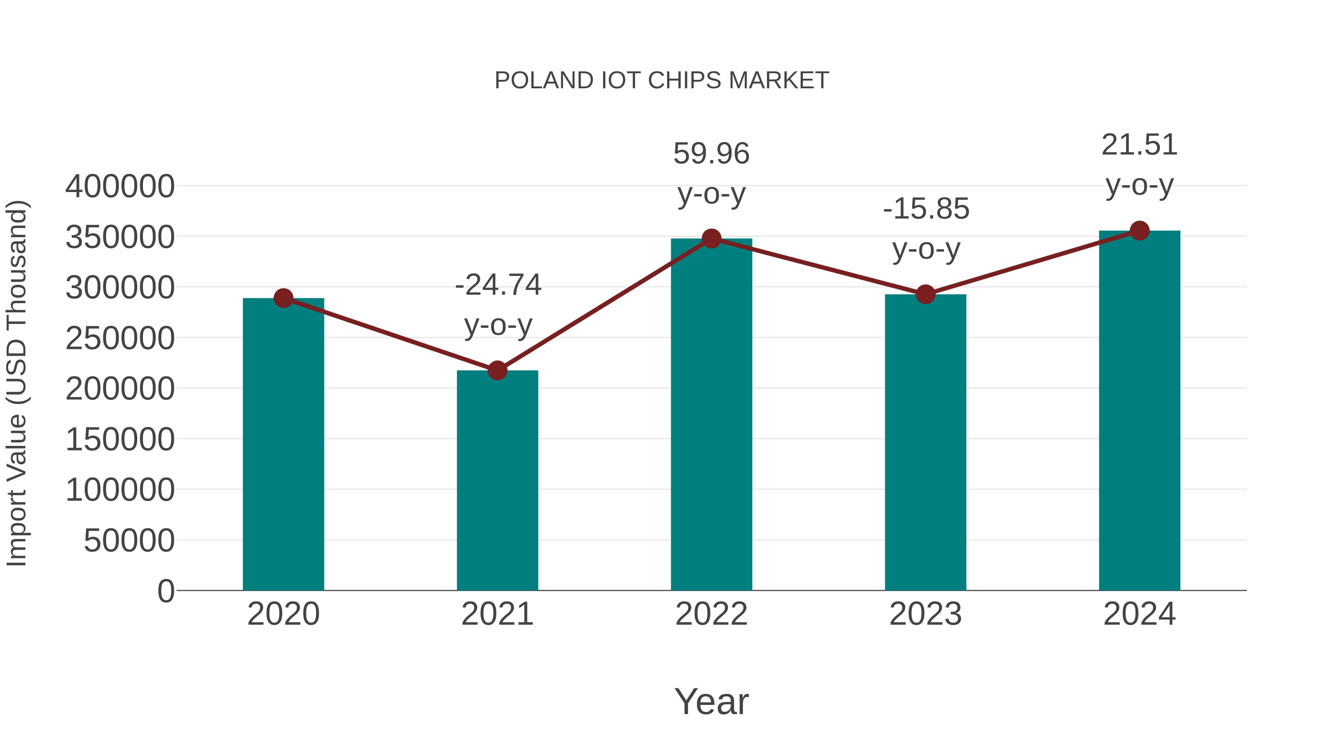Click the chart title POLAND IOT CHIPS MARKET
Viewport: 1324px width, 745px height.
click(x=662, y=81)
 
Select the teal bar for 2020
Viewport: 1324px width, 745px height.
click(x=283, y=445)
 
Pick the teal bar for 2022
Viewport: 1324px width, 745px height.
click(x=711, y=414)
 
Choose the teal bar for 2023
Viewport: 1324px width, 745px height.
click(x=925, y=443)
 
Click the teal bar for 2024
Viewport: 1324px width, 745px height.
click(x=1139, y=411)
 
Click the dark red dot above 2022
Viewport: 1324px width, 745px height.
click(x=711, y=238)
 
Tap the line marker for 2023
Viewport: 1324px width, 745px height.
click(x=925, y=295)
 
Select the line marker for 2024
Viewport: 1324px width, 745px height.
click(x=1139, y=231)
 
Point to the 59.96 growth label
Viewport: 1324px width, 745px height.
click(x=711, y=154)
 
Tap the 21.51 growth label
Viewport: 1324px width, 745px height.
click(x=1139, y=145)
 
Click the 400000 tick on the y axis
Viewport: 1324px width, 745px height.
click(x=120, y=186)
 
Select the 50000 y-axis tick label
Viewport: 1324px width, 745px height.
click(x=129, y=540)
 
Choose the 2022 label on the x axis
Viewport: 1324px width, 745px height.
click(x=711, y=614)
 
